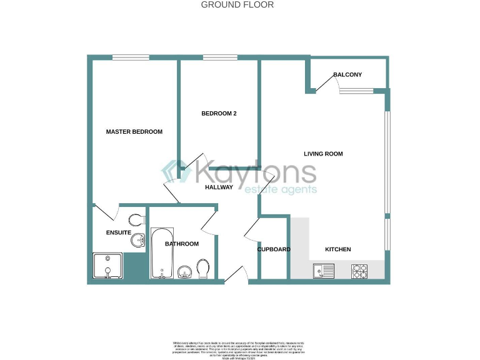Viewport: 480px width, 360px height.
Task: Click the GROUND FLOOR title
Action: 237,5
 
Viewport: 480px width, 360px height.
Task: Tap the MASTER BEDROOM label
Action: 134,132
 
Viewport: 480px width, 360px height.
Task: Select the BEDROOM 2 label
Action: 219,114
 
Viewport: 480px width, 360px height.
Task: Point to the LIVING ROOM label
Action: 323,154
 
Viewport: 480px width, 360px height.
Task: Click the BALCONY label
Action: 347,75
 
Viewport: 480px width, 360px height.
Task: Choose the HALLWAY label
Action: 219,187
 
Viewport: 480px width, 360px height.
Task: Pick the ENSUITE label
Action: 118,232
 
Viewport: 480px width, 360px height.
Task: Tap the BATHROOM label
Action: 182,244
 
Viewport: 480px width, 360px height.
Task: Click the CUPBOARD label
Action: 274,249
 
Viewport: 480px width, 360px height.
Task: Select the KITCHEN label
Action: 337,249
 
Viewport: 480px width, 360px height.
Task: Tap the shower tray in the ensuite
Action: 108,265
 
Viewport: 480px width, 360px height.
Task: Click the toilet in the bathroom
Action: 203,269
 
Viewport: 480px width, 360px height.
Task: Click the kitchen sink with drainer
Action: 324,271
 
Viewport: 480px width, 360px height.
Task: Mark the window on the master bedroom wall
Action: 131,58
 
